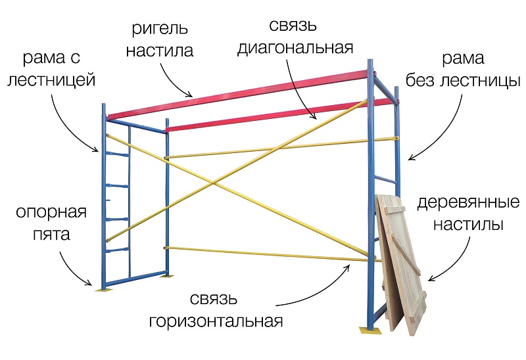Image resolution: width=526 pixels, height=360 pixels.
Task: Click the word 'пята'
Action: pyautogui.click(x=53, y=234)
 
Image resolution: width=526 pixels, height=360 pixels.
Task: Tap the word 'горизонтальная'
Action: pyautogui.click(x=216, y=322)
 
